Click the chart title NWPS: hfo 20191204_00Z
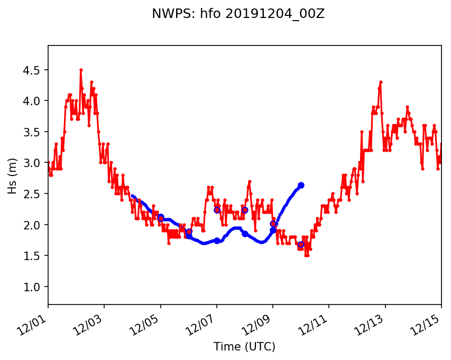[238, 14]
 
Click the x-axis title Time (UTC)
[244, 347]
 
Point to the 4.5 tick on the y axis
[32, 70]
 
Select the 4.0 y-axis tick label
[32, 101]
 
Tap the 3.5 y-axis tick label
[32, 132]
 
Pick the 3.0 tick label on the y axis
[32, 163]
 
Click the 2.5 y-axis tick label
[32, 194]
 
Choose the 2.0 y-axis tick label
[32, 225]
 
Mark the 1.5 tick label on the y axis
[32, 256]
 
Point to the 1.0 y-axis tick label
[32, 287]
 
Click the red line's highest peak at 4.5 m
[81, 70]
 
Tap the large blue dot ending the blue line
[301, 185]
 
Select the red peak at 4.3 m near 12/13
[381, 82]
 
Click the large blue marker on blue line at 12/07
[217, 241]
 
